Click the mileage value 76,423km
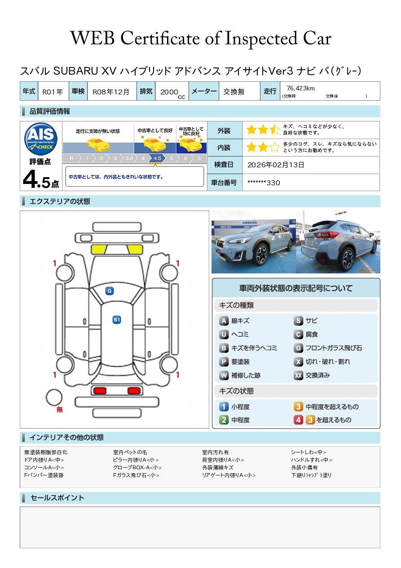[300, 89]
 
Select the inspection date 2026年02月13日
[276, 165]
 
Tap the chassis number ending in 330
[264, 183]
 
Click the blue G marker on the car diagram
[109, 291]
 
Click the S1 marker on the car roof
[116, 320]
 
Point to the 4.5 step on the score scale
[157, 158]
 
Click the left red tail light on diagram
[99, 390]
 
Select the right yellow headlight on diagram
[134, 250]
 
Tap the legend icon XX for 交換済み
[299, 376]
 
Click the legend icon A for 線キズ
[224, 321]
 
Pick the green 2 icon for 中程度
[224, 420]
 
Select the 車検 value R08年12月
[111, 92]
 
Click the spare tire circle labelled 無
[54, 397]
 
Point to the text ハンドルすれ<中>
[312, 460]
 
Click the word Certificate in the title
[170, 39]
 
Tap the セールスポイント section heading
[57, 498]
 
